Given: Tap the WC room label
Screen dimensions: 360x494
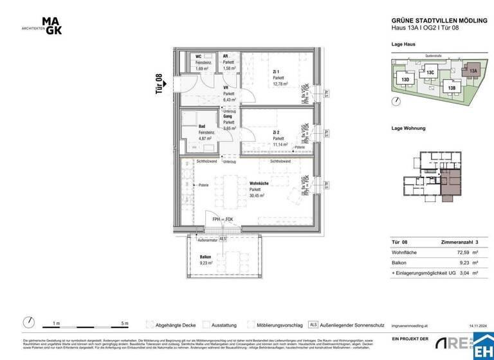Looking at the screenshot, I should pyautogui.click(x=199, y=57).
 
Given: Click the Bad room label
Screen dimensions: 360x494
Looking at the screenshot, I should pyautogui.click(x=202, y=127).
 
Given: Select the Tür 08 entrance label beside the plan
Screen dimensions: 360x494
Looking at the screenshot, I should pyautogui.click(x=159, y=84).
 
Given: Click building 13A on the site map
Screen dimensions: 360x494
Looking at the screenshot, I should pyautogui.click(x=473, y=71).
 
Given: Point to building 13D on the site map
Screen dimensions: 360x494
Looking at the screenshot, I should pyautogui.click(x=405, y=80).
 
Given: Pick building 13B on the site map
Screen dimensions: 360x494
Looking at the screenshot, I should pyautogui.click(x=452, y=87).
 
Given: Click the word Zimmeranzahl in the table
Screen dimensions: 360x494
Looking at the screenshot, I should pyautogui.click(x=453, y=243).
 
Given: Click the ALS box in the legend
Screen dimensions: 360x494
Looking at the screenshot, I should pyautogui.click(x=313, y=325).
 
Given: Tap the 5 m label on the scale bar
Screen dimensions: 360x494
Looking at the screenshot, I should pyautogui.click(x=125, y=323).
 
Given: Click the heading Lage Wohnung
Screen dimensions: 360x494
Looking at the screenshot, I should pyautogui.click(x=408, y=128).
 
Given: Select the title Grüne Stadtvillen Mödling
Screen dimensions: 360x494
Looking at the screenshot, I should pyautogui.click(x=437, y=21).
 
